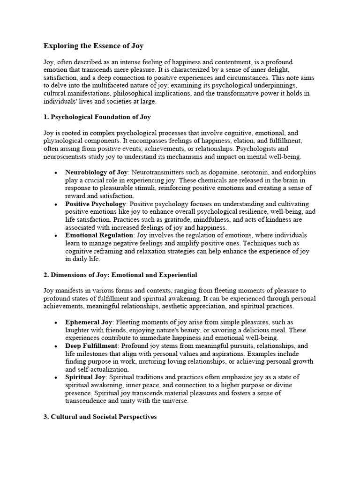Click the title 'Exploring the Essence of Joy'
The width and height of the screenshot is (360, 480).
pos(94,46)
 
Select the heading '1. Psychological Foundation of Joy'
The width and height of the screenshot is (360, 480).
pos(97,117)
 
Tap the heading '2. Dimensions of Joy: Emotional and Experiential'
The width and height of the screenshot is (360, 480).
pos(120,275)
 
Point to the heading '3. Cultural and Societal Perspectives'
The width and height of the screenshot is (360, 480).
pos(100,417)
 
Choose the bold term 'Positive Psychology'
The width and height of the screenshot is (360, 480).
pos(96,204)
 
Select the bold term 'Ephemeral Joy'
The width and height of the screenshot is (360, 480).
pos(89,322)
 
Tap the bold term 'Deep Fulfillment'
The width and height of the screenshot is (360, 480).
pos(92,346)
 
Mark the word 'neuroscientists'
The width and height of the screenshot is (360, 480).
pos(66,157)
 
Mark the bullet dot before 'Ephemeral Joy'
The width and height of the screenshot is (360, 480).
pos(55,323)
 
